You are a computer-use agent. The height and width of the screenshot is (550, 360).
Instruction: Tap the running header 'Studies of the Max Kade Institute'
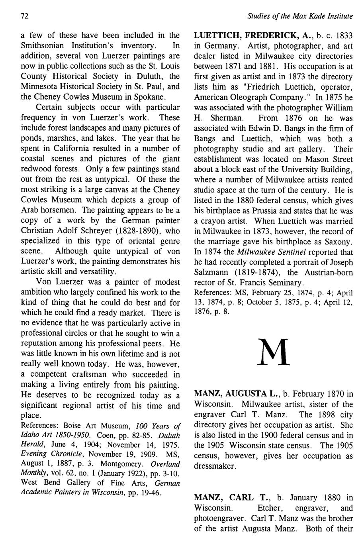pos(300,17)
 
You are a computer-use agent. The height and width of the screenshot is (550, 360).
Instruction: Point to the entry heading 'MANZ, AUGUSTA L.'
pos(237,394)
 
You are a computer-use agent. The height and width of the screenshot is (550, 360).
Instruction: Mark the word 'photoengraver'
pos(217,519)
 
